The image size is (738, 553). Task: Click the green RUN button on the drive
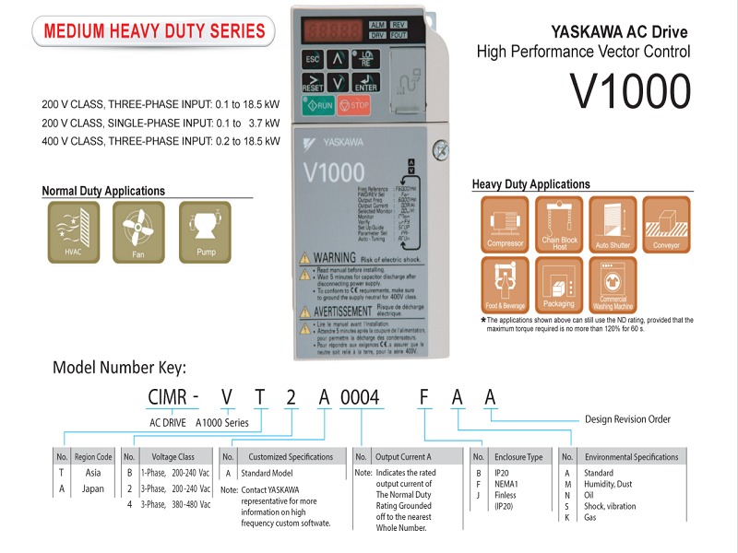(318, 105)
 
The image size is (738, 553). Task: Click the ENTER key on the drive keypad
(366, 82)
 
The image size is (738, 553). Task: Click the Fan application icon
(138, 230)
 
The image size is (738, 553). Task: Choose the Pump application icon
(206, 230)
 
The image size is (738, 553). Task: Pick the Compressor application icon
(505, 224)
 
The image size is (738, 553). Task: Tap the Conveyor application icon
(666, 224)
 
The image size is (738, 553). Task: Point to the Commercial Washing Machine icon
(613, 284)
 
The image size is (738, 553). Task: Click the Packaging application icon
(558, 284)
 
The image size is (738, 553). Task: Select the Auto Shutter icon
(613, 224)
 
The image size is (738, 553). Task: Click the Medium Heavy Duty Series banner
(154, 30)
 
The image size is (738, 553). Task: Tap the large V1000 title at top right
(629, 90)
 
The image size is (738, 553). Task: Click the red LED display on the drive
(337, 29)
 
